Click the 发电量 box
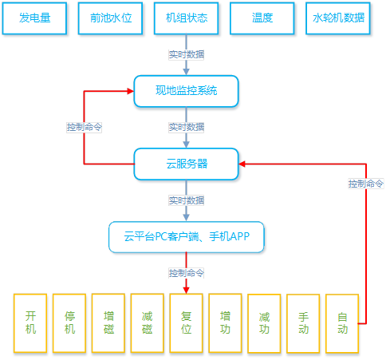coord(34,18)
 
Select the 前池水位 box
coord(110,18)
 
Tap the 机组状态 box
coord(186,18)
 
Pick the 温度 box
coord(262,18)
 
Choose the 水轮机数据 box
coord(338,18)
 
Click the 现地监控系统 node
coord(186,91)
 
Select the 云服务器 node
coord(186,164)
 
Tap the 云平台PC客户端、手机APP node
coord(187,237)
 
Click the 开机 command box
coord(30,323)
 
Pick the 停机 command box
coord(69,323)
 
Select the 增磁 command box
coord(108,323)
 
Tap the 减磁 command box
coord(148,323)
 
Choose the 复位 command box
coord(187,323)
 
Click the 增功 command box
coord(225,323)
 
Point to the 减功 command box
coord(264,323)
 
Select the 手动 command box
coord(303,323)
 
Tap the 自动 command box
coord(342,323)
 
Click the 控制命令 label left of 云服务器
coord(84,127)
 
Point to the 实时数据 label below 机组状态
coord(187,54)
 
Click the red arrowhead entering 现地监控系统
coord(131,91)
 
